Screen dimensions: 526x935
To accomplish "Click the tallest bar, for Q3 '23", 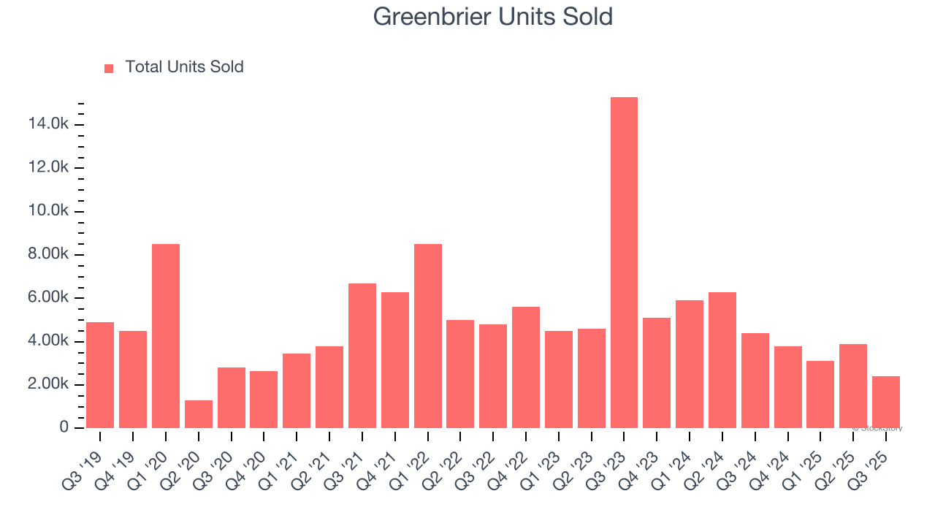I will click(x=624, y=262).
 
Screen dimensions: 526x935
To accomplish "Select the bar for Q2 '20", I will click(x=198, y=413).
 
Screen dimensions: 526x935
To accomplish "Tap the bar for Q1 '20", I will click(x=166, y=335).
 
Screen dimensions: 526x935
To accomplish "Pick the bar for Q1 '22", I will click(x=427, y=335).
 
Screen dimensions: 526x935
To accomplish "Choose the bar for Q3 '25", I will click(x=885, y=402).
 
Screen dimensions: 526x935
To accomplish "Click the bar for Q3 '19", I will click(x=100, y=375).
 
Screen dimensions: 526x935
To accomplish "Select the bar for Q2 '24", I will click(x=722, y=359).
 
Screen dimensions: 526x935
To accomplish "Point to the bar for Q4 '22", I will click(x=525, y=367).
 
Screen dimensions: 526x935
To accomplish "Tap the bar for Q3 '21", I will click(x=362, y=355).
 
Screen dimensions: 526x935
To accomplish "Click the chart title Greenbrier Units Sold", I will click(x=492, y=17).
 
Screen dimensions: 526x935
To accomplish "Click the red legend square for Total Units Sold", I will click(x=109, y=68).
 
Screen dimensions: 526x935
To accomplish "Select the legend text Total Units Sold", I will click(x=184, y=67).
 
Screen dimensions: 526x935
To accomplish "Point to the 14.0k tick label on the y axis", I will click(x=48, y=125).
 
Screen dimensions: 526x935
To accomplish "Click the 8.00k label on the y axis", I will click(x=48, y=255).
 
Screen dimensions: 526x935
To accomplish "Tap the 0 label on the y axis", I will click(x=64, y=428).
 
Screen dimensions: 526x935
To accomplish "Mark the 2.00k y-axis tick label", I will click(x=48, y=385).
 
